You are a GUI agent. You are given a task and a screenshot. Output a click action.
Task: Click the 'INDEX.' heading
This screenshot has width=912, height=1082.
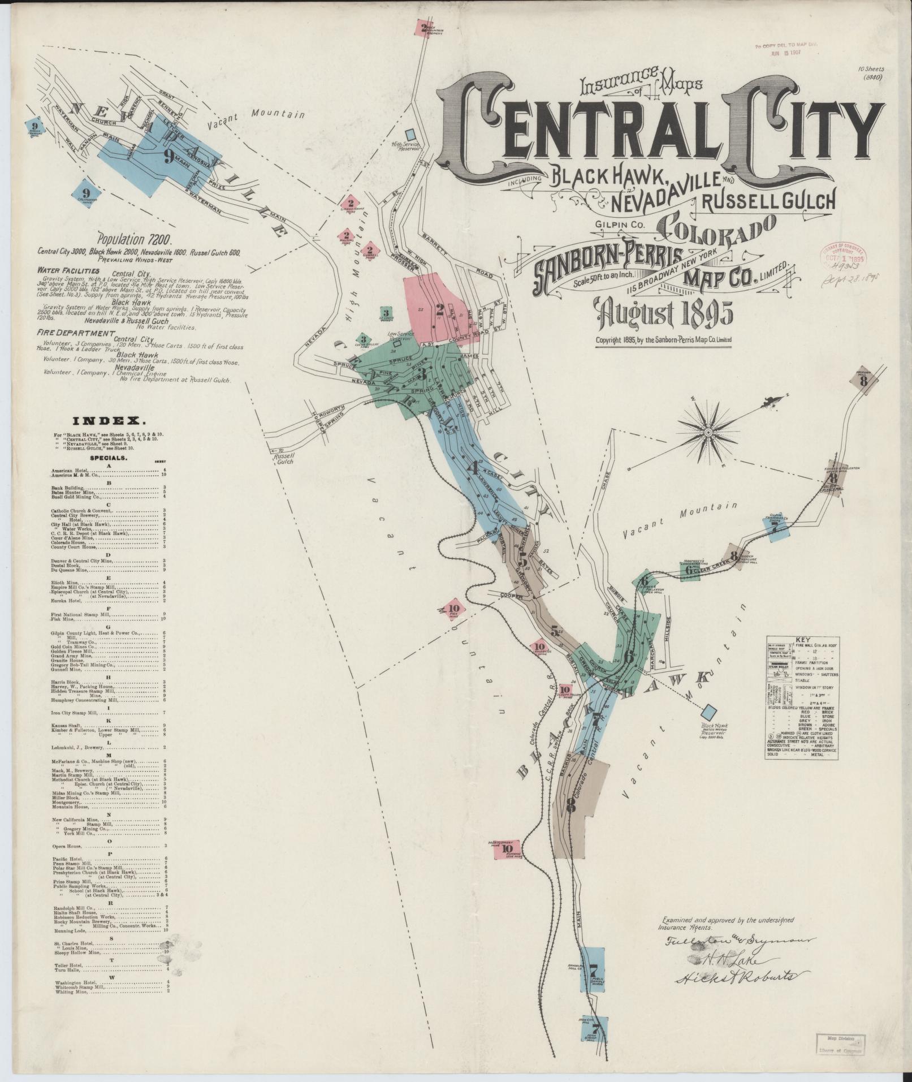click(x=107, y=421)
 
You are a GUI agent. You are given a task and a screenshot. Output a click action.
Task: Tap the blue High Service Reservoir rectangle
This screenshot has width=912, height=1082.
click(x=410, y=133)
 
